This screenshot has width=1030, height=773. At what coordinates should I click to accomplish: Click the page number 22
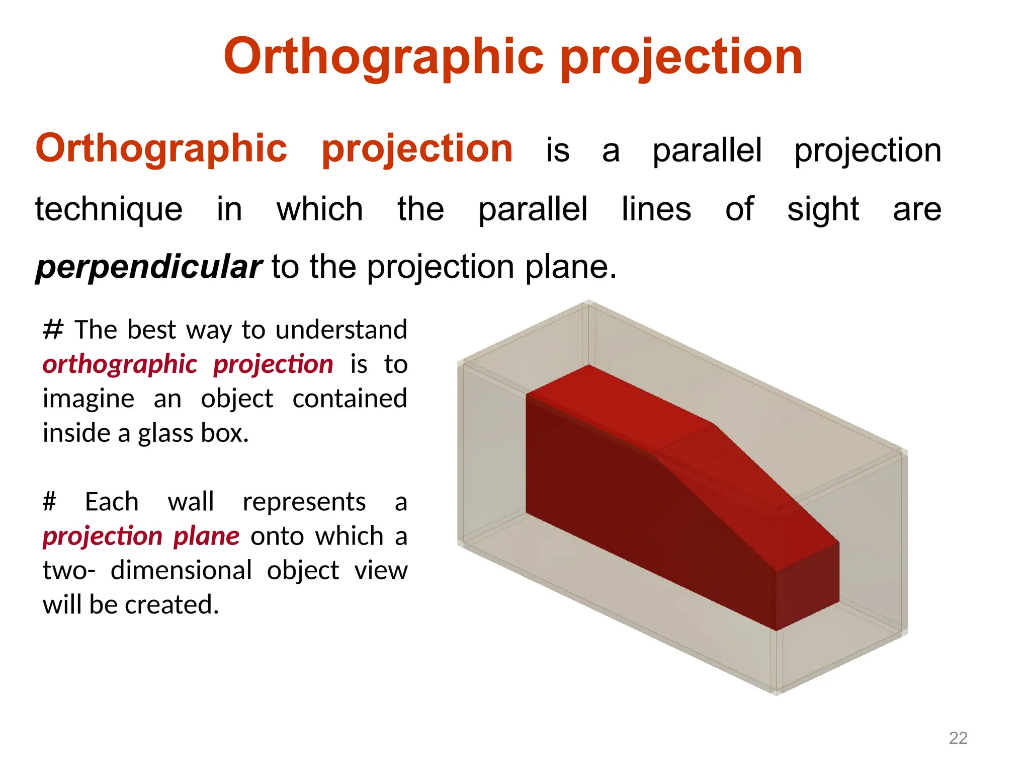pyautogui.click(x=958, y=738)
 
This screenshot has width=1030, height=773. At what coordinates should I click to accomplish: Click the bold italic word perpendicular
pyautogui.click(x=149, y=267)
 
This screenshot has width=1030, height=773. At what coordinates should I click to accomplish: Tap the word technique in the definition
pyautogui.click(x=109, y=209)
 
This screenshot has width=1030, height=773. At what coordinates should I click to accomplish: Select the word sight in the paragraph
pyautogui.click(x=823, y=209)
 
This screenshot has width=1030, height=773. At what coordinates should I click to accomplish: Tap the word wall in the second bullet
pyautogui.click(x=191, y=502)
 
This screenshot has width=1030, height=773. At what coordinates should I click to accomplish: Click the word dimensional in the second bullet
pyautogui.click(x=181, y=571)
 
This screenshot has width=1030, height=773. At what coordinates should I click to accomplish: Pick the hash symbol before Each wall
pyautogui.click(x=50, y=502)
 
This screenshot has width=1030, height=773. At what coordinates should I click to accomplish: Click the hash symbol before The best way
pyautogui.click(x=53, y=330)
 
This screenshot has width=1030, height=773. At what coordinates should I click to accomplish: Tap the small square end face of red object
pyautogui.click(x=808, y=586)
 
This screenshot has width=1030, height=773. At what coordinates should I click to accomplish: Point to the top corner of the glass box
pyautogui.click(x=589, y=303)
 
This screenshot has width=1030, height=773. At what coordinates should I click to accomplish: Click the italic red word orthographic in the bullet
pyautogui.click(x=120, y=364)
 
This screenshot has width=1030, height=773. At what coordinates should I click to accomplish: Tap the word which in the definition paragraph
pyautogui.click(x=319, y=209)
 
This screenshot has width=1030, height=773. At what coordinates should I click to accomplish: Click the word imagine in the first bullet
pyautogui.click(x=89, y=399)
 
